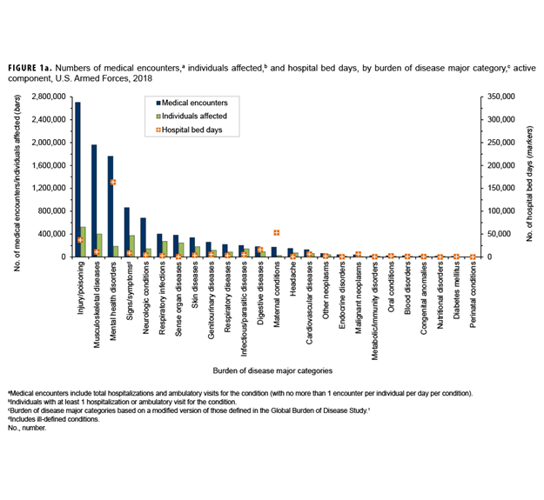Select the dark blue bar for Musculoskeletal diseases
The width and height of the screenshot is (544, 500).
[x=94, y=201]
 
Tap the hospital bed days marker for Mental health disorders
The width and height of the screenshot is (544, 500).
[x=113, y=183]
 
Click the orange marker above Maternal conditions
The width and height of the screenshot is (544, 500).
[x=276, y=233]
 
